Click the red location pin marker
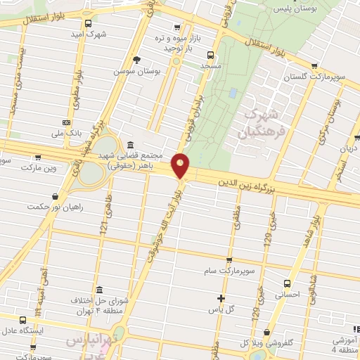181,166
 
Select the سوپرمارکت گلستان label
314,76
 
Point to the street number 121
104,225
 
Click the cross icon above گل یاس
221,297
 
